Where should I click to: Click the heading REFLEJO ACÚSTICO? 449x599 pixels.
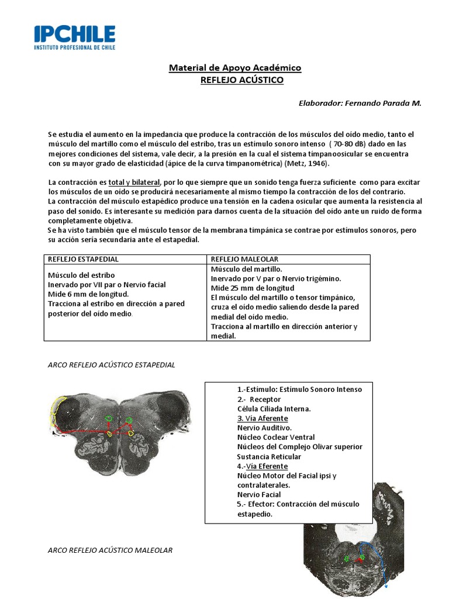click(x=241, y=80)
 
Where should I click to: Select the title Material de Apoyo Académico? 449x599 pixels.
click(x=235, y=68)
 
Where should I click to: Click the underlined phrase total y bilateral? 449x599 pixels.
click(x=134, y=183)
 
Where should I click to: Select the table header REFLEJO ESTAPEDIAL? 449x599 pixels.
click(x=83, y=259)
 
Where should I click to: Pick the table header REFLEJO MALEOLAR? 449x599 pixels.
click(x=244, y=259)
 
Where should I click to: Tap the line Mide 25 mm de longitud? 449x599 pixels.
click(x=252, y=288)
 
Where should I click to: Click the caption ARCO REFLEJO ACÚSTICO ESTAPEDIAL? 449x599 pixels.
click(x=111, y=364)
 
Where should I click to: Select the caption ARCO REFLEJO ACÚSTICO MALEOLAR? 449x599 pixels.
click(x=109, y=550)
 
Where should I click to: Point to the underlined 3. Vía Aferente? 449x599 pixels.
click(x=263, y=418)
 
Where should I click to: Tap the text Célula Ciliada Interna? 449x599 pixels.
click(x=274, y=408)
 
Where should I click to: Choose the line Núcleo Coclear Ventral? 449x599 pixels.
click(x=276, y=437)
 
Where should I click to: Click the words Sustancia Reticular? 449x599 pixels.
click(x=269, y=456)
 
